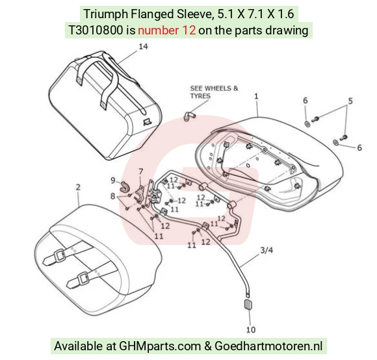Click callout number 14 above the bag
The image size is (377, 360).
point(143,46)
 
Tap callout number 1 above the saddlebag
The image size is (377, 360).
point(256,96)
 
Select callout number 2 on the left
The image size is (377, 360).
point(78,187)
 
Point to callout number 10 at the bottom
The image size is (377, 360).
point(251,329)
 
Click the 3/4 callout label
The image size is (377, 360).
point(266,250)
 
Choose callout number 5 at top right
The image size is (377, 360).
point(350,101)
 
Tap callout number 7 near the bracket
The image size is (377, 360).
point(141,172)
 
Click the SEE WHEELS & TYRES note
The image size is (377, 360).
point(214,92)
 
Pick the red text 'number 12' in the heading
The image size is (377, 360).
point(166,31)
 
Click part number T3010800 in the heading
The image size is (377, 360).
point(96,31)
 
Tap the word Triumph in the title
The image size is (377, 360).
point(105,14)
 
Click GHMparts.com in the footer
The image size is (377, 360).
point(160,346)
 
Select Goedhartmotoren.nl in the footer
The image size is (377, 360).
point(268,346)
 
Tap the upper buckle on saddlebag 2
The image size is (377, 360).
point(59,255)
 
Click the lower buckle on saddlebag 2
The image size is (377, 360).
point(84,278)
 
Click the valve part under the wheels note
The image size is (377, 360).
point(189,116)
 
